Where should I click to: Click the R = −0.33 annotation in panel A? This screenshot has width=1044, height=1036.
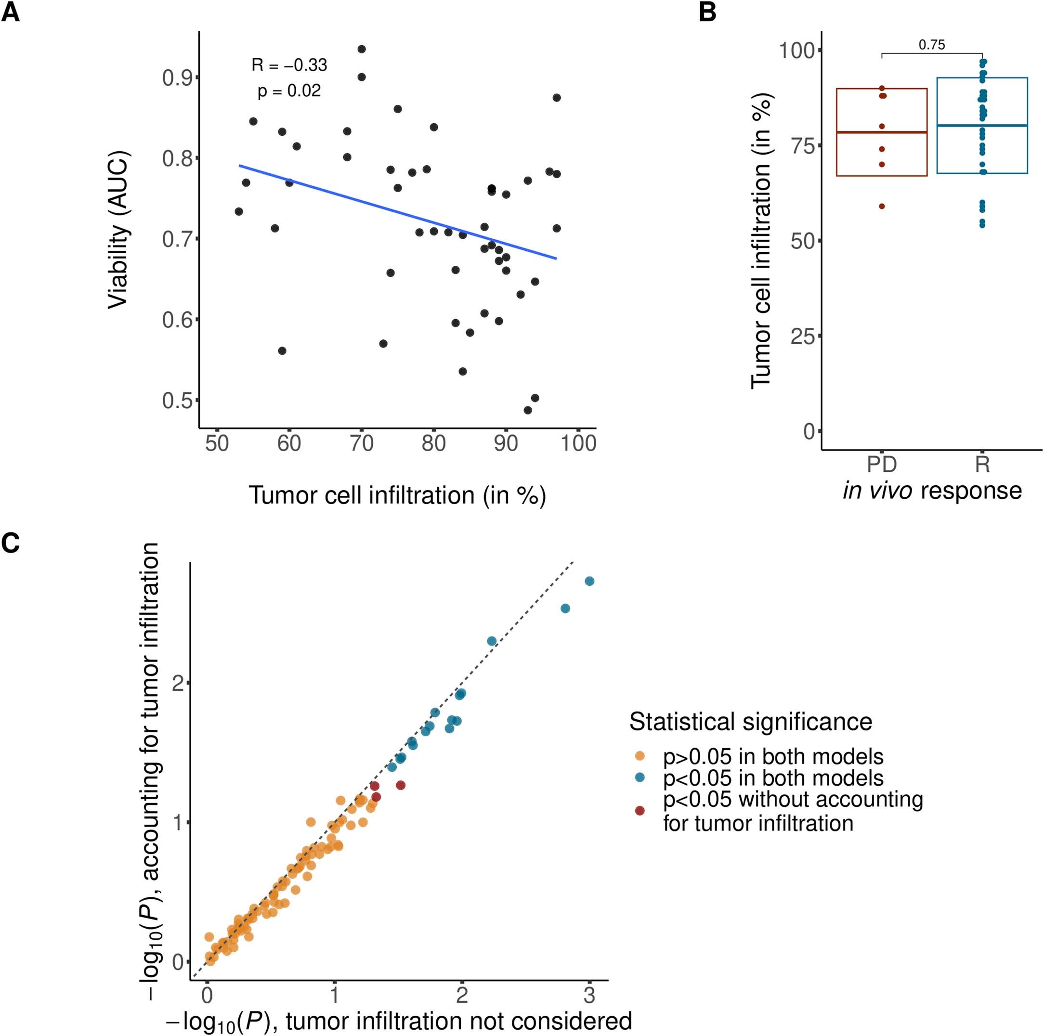(289, 65)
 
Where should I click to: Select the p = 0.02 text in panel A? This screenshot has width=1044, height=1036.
(289, 91)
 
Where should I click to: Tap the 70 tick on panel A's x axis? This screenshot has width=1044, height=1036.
(362, 443)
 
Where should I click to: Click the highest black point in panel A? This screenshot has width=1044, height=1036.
(362, 49)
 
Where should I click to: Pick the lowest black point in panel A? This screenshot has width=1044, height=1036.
(527, 410)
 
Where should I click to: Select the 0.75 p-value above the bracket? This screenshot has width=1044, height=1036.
(932, 45)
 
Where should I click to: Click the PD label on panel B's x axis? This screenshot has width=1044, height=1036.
(882, 465)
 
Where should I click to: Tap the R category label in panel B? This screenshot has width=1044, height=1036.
(982, 465)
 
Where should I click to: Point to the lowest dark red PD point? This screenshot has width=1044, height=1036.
(882, 206)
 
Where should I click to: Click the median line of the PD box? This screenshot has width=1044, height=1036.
(882, 132)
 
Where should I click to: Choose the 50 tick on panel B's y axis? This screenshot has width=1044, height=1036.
(803, 241)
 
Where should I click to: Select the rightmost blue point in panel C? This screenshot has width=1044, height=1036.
(589, 581)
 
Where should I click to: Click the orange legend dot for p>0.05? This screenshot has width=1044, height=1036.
(640, 757)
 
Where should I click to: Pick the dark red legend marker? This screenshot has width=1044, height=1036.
(640, 811)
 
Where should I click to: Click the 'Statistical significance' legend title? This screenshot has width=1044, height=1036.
(751, 722)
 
